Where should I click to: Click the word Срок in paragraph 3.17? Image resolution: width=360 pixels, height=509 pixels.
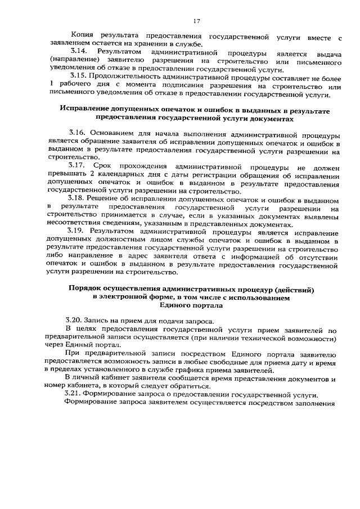click(109, 167)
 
